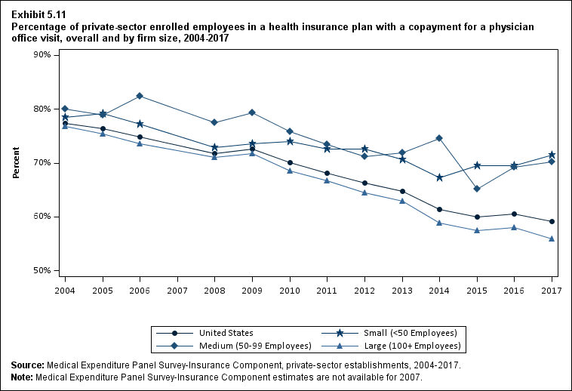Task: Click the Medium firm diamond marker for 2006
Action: click(140, 96)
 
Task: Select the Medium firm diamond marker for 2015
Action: click(476, 189)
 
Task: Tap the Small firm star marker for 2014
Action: click(439, 177)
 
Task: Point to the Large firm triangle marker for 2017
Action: click(552, 239)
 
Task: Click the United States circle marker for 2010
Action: click(290, 162)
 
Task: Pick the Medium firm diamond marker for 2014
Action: click(439, 138)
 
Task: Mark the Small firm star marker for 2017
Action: click(552, 155)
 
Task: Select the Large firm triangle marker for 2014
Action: click(439, 223)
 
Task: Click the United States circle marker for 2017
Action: click(552, 221)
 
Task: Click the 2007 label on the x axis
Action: click(177, 290)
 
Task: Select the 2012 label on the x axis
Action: click(364, 290)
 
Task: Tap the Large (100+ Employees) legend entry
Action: click(414, 346)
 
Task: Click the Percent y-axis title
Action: click(17, 163)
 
